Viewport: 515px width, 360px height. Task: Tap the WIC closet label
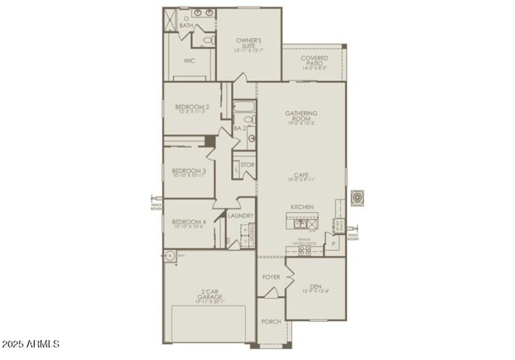(189, 61)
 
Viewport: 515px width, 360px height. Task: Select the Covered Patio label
(314, 62)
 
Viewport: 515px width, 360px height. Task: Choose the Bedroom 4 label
(189, 223)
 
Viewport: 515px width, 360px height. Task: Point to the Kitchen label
(301, 207)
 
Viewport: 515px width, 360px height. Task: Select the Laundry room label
(241, 216)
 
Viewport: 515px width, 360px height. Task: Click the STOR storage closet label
(247, 166)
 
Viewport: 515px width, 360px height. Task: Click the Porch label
(271, 322)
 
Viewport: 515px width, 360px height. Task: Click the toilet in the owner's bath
(206, 41)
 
